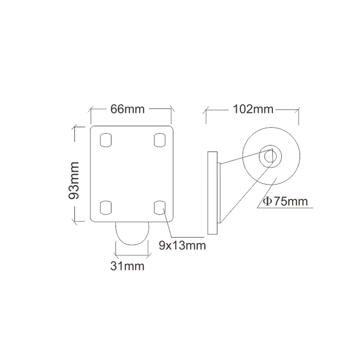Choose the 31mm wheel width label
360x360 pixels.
coord(127,266)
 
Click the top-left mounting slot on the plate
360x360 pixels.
coord(105,140)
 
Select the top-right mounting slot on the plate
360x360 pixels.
coord(158,140)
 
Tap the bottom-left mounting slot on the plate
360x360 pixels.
coord(105,207)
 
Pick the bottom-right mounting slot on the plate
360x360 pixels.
coord(158,207)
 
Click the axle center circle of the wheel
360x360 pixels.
coord(270,156)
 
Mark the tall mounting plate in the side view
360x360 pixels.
coord(212,193)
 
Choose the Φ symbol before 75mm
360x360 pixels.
coord(267,201)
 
